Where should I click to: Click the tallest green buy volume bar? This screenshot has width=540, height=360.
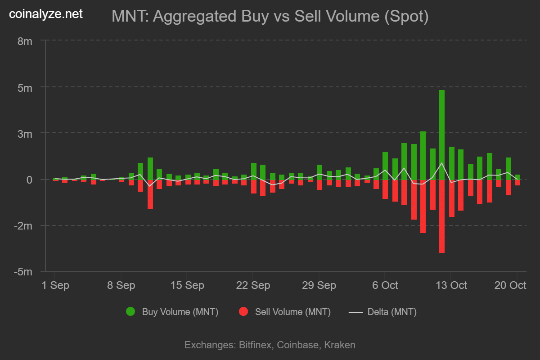pyautogui.click(x=442, y=135)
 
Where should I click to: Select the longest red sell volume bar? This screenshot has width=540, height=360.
pyautogui.click(x=442, y=216)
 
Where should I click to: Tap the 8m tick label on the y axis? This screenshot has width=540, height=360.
pyautogui.click(x=25, y=41)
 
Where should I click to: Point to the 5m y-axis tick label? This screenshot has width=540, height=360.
pyautogui.click(x=25, y=87)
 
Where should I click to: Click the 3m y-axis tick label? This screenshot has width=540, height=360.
pyautogui.click(x=25, y=134)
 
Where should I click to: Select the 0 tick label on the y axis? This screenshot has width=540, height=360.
pyautogui.click(x=29, y=180)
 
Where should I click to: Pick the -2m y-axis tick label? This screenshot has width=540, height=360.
pyautogui.click(x=23, y=226)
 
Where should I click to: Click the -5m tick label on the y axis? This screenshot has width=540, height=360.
pyautogui.click(x=23, y=272)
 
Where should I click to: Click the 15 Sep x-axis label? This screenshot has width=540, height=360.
pyautogui.click(x=187, y=285)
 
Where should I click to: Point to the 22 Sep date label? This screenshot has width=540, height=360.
pyautogui.click(x=253, y=285)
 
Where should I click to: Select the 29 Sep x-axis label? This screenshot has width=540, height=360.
pyautogui.click(x=319, y=285)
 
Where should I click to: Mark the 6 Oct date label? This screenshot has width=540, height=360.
pyautogui.click(x=385, y=285)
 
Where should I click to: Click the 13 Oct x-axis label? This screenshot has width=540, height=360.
pyautogui.click(x=451, y=285)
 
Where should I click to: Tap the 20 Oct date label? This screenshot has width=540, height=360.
pyautogui.click(x=510, y=285)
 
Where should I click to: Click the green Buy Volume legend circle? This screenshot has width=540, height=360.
pyautogui.click(x=130, y=311)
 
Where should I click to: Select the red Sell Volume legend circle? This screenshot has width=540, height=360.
pyautogui.click(x=243, y=311)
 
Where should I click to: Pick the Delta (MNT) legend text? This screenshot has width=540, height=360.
pyautogui.click(x=392, y=312)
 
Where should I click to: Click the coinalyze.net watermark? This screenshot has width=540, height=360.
pyautogui.click(x=46, y=14)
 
